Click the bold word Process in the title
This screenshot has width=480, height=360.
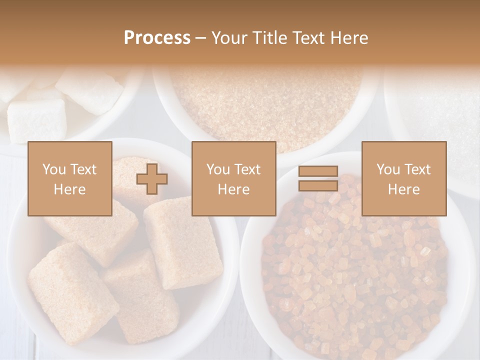[157, 38]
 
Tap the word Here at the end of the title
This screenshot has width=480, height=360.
[348, 38]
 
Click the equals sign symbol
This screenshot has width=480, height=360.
[318, 178]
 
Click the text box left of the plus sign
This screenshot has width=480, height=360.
[70, 178]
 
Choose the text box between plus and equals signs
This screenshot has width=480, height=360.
[234, 178]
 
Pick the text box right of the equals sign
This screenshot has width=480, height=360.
[404, 178]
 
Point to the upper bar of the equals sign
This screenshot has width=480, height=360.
[318, 171]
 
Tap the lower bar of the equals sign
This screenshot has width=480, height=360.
[318, 185]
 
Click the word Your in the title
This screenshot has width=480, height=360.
[229, 38]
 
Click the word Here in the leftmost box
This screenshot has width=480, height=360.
[70, 189]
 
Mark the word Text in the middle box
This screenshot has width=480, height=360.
[248, 169]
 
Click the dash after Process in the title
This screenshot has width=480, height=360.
[201, 38]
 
